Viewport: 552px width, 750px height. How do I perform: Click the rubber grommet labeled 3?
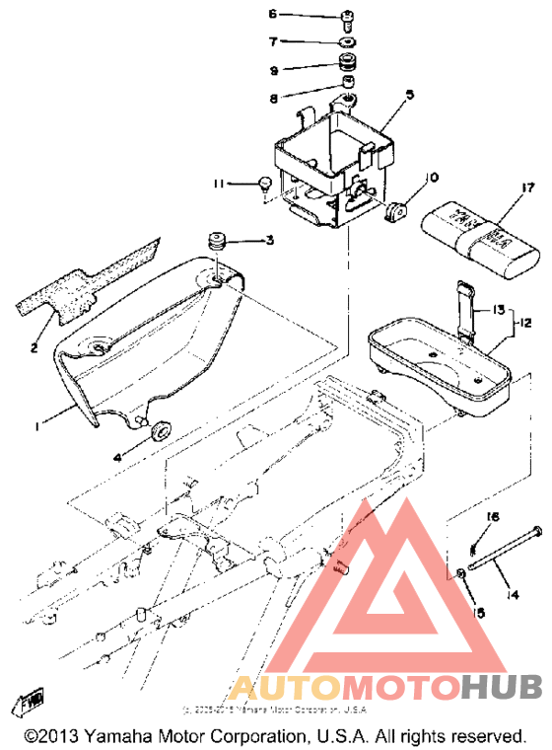pos(216,241)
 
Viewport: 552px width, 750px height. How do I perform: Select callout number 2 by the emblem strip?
pos(34,346)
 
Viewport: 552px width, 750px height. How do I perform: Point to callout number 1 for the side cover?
pos(35,426)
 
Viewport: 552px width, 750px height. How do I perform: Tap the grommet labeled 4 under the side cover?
pos(159,431)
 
